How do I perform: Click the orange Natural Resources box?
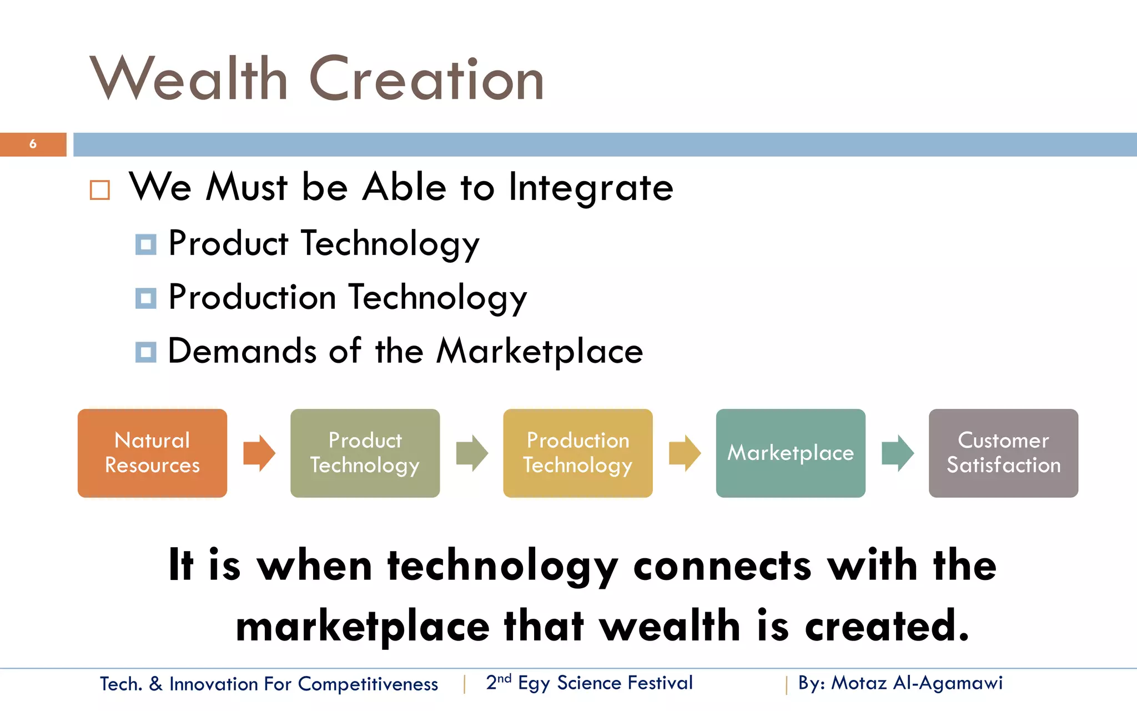pos(152,453)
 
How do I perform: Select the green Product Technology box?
pos(365,453)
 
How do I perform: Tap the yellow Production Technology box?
pos(577,453)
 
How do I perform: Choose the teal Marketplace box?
pos(790,453)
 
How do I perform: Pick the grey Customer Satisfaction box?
pos(1003,453)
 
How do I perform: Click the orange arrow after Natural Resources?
pos(259,453)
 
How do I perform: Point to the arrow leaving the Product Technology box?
pos(472,453)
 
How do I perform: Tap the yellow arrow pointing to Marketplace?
pos(685,453)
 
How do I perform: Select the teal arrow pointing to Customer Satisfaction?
pos(897,453)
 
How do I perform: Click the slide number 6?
pos(33,144)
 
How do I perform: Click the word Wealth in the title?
pos(189,79)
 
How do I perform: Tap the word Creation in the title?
pos(426,79)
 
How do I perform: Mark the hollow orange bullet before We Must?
pos(100,190)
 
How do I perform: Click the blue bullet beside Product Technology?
pos(146,244)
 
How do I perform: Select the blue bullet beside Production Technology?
pos(146,298)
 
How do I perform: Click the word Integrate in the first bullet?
pos(591,188)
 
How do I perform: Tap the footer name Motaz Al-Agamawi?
pos(917,683)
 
